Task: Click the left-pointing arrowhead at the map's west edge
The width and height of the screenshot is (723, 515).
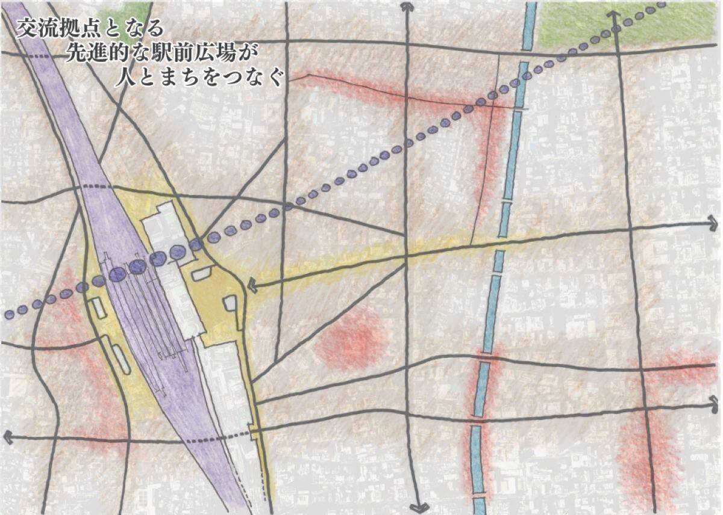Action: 7,436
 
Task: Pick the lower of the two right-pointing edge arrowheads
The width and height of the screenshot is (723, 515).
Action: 715,398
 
